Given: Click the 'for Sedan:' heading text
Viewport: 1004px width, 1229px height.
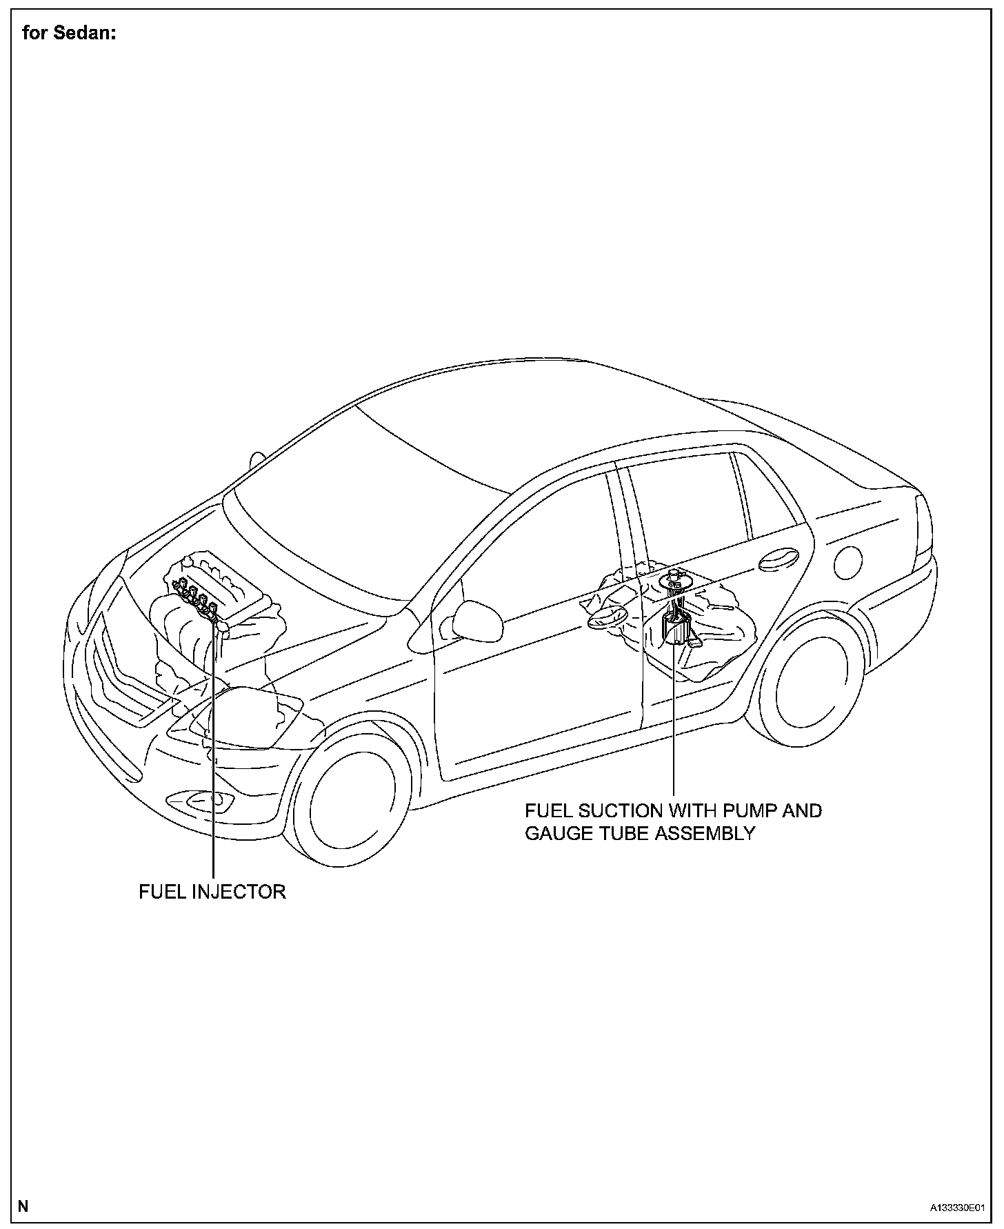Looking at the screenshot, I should tap(68, 34).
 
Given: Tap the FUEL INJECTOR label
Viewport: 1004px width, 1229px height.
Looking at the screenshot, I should tap(212, 892).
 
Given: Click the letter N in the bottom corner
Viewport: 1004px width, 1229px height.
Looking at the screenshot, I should tap(23, 1206).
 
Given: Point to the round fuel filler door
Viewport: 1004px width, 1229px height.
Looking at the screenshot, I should tap(848, 562).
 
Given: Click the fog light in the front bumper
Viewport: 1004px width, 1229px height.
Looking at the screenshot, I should tap(208, 801).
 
